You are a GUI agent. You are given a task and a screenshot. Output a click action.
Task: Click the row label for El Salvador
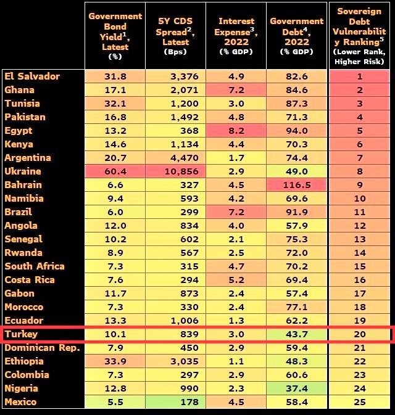[32, 76]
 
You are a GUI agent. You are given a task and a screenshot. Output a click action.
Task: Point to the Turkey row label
[21, 334]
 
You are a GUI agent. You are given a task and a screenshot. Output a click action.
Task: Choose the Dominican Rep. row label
[43, 348]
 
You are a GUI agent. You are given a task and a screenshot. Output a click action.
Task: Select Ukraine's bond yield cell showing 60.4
[115, 171]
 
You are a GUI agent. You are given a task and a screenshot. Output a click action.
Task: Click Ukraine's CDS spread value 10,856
[176, 171]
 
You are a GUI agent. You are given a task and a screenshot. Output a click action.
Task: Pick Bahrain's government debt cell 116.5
[297, 185]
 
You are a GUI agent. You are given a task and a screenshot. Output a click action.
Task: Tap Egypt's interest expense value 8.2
[236, 131]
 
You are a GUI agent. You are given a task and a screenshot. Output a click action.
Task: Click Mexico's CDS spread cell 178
[176, 402]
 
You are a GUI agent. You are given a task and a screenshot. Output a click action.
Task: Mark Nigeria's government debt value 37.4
[297, 388]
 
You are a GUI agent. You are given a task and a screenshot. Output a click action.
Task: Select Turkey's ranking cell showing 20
[360, 334]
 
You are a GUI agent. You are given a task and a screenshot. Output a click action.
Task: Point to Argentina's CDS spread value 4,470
[176, 158]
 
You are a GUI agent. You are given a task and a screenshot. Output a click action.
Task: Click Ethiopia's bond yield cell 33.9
[115, 361]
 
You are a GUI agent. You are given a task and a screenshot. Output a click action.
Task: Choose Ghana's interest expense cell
[236, 90]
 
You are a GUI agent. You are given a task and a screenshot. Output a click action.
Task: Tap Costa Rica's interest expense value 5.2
[236, 280]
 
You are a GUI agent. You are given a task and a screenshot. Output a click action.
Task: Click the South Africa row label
[35, 266]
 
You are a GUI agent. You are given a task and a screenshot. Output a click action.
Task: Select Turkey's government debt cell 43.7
[297, 334]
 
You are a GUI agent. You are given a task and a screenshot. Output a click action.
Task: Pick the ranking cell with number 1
[360, 76]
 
